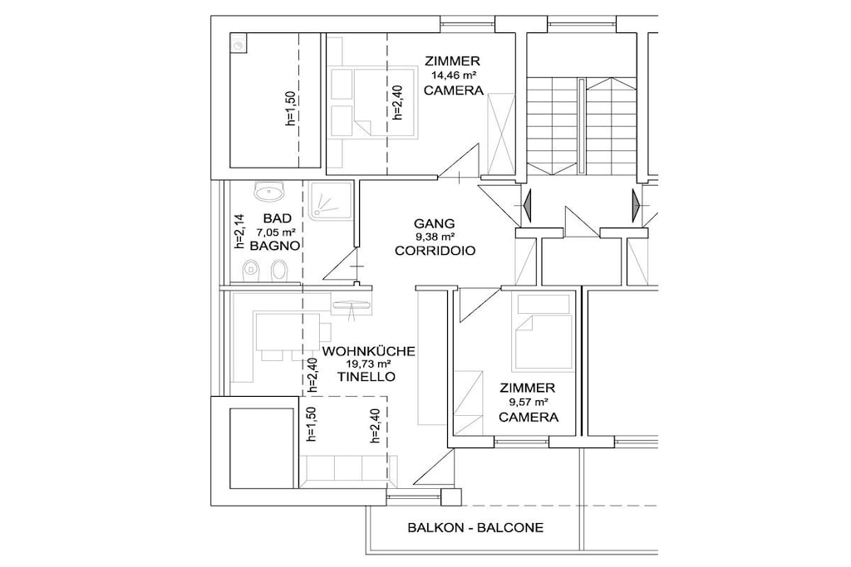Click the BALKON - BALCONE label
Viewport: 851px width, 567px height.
coord(475,527)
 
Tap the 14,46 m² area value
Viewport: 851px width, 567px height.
coord(454,76)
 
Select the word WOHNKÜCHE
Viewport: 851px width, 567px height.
coord(368,351)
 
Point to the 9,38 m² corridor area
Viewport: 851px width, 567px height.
coord(434,237)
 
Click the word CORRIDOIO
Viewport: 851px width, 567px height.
coord(435,251)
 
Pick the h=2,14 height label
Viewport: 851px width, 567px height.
coord(239,232)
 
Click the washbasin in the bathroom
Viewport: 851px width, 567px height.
coord(268,191)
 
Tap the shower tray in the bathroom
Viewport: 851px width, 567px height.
coord(330,201)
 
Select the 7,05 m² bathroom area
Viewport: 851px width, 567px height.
coord(276,232)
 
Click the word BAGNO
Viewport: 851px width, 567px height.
coord(274,246)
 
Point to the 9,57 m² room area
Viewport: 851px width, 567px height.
coord(528,402)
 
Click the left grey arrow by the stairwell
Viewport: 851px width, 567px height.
coord(526,205)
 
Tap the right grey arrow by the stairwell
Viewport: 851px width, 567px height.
coord(636,205)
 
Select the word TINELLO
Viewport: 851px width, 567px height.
coord(366,377)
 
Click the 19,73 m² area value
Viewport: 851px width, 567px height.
coord(368,364)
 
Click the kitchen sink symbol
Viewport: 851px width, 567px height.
coord(352,305)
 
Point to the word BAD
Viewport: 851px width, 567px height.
coord(278,218)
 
